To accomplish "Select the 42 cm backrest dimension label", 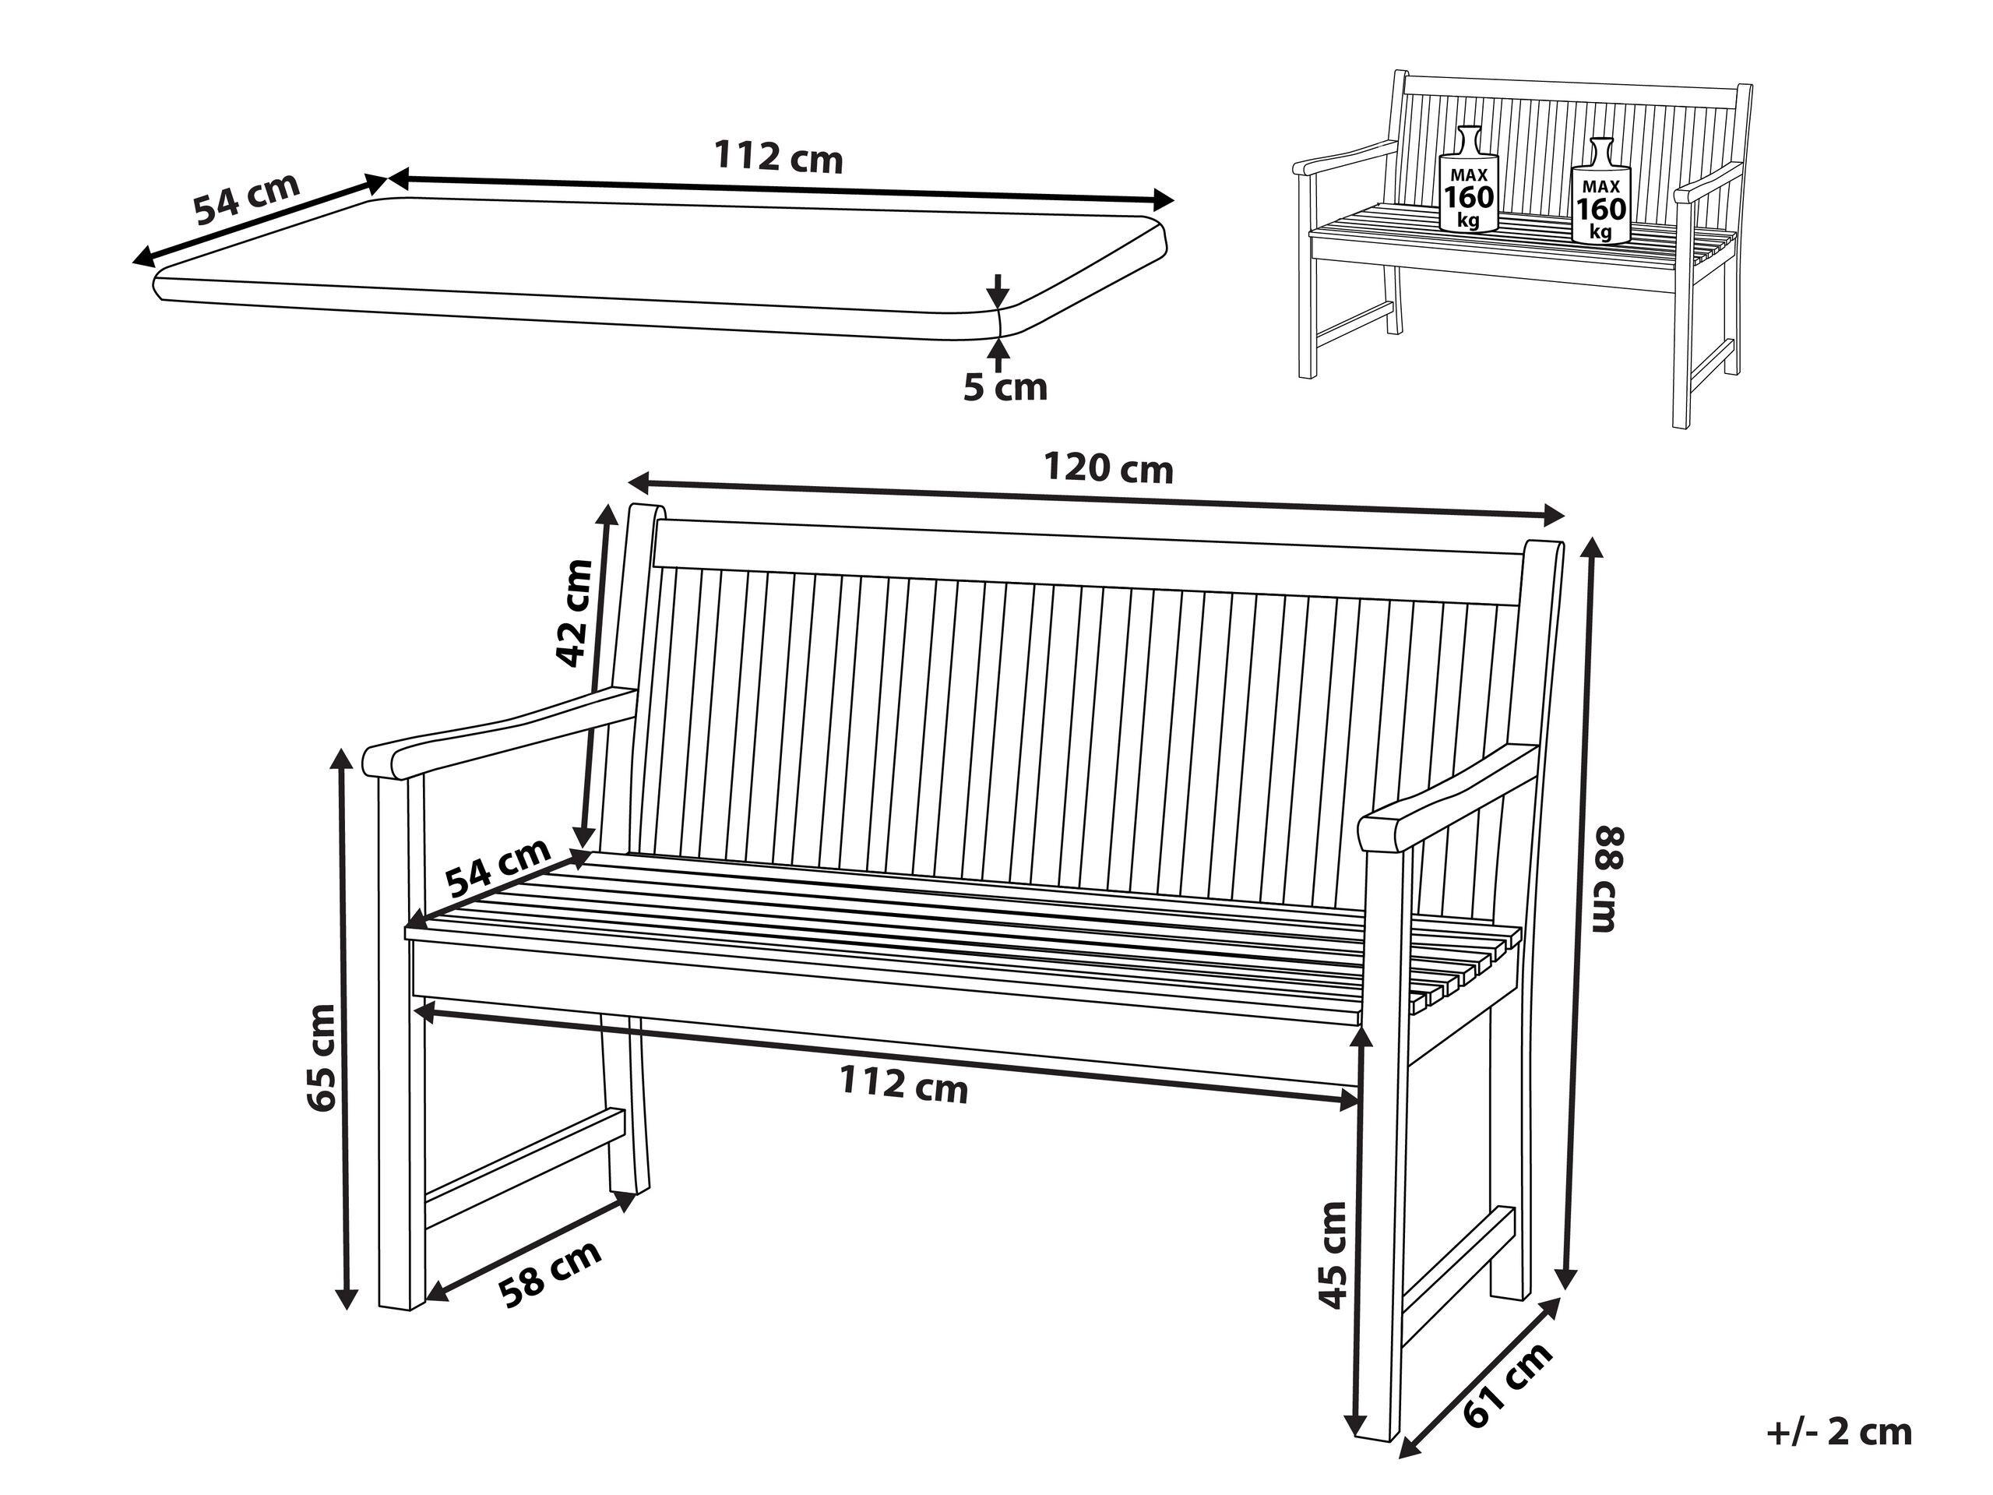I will click(575, 613).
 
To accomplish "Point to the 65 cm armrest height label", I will click(321, 1057).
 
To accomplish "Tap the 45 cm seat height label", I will click(1333, 1253).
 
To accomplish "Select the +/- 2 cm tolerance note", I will click(1839, 1432).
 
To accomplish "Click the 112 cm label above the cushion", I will click(779, 157).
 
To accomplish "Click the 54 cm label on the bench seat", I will click(498, 868).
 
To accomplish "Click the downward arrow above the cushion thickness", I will click(998, 290).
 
